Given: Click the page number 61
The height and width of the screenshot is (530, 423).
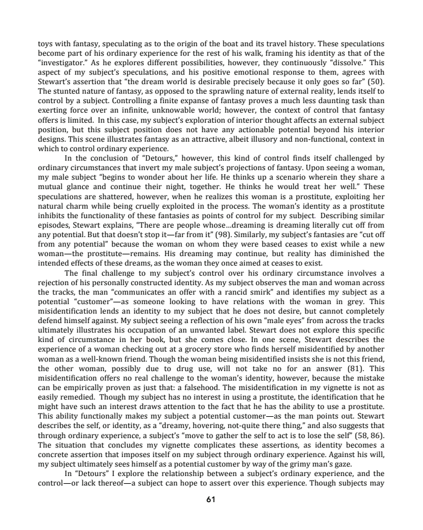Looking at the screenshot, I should coord(211,499).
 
